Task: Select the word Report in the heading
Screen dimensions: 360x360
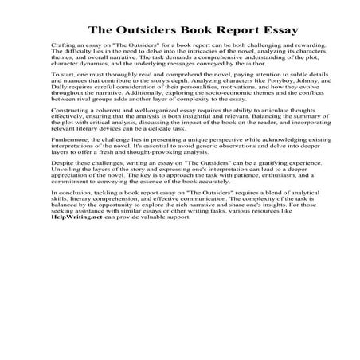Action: (x=236, y=31)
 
